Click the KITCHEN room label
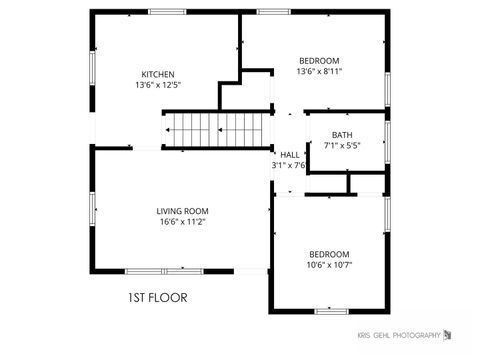click(x=158, y=74)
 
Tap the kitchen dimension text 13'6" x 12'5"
click(x=158, y=85)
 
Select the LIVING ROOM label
click(x=182, y=210)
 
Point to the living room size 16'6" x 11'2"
click(x=182, y=222)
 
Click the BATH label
click(x=342, y=135)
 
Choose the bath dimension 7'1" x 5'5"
click(x=342, y=146)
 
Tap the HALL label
click(x=290, y=155)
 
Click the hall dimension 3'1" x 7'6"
click(x=288, y=165)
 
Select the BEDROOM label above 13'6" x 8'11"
click(x=319, y=60)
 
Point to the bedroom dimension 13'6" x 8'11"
click(x=319, y=71)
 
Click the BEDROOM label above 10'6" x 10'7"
click(x=329, y=254)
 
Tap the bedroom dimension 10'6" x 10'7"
click(x=329, y=265)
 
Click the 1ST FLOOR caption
click(x=157, y=297)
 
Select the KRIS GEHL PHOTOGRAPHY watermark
click(x=398, y=335)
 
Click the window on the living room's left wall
click(x=92, y=209)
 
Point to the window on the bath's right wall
click(x=387, y=141)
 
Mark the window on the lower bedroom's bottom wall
click(x=330, y=311)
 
